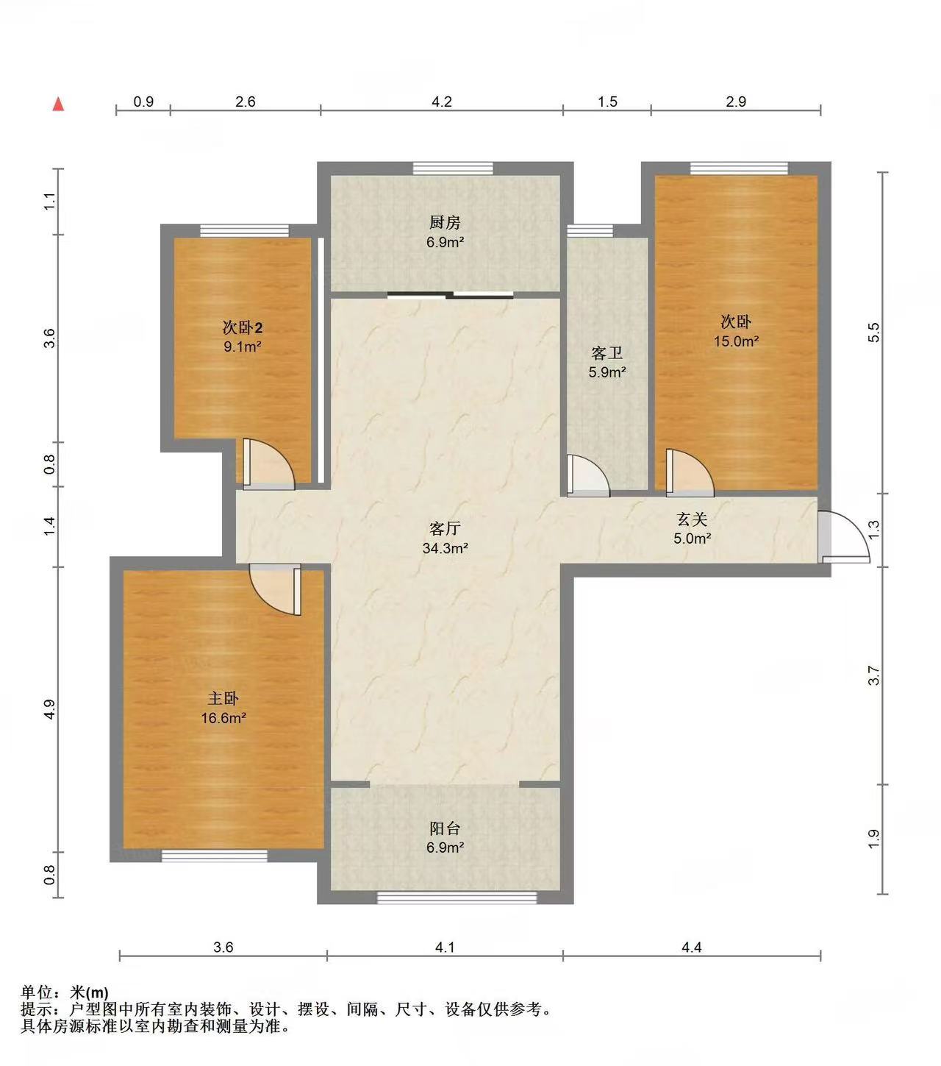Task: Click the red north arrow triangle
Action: click(58, 104)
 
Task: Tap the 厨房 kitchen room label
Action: click(445, 223)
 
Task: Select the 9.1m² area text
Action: click(243, 347)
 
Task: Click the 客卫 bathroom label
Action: click(607, 352)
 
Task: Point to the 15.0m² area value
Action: click(736, 341)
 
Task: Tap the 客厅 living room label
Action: click(445, 527)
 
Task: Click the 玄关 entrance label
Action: click(692, 519)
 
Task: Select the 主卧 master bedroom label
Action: click(223, 698)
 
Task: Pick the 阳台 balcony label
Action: click(445, 828)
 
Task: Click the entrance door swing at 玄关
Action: click(844, 537)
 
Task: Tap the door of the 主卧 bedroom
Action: click(275, 589)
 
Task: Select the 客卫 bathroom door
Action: click(588, 476)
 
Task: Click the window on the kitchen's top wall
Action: click(453, 168)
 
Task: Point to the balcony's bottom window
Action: click(457, 897)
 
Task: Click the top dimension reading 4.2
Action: click(442, 102)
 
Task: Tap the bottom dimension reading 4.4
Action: click(692, 947)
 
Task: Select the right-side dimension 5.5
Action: click(873, 333)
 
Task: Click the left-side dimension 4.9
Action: click(49, 709)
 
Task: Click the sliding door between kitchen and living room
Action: click(451, 295)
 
